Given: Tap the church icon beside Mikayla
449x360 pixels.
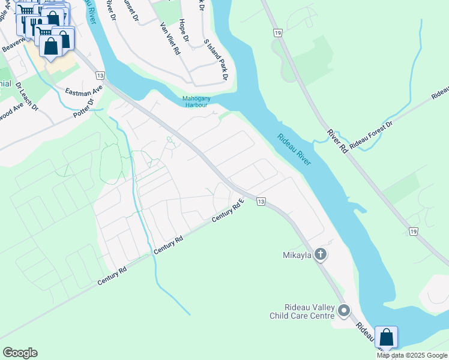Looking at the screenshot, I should [321, 254].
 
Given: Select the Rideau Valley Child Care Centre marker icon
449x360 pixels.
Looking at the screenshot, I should [344, 310].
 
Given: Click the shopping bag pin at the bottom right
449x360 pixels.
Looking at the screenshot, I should [387, 337].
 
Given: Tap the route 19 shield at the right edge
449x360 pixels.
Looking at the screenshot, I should [413, 231].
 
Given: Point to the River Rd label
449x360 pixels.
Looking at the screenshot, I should [337, 139].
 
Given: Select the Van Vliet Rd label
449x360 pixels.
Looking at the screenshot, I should [170, 39].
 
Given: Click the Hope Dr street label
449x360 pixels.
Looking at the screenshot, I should [184, 31].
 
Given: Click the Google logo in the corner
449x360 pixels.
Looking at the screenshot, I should [20, 353].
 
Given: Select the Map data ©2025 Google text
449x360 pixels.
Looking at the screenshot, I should [412, 355].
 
